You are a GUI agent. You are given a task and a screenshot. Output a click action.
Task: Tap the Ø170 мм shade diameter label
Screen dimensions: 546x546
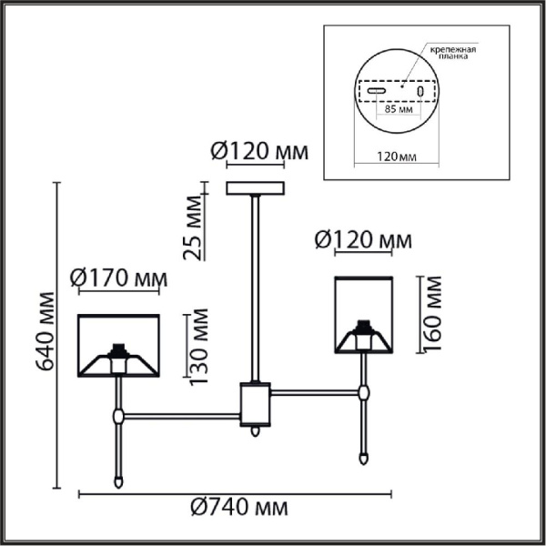[x=118, y=276]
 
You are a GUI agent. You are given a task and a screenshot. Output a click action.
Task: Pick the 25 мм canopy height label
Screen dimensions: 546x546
[x=193, y=227]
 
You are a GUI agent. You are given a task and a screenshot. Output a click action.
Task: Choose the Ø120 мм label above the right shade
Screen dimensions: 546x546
[x=362, y=240]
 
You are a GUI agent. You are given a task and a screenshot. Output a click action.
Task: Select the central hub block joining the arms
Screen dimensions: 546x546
[x=254, y=403]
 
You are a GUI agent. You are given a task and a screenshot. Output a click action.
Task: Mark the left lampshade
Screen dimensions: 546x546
[x=118, y=345]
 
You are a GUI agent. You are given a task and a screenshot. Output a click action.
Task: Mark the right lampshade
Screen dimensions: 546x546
[x=363, y=313]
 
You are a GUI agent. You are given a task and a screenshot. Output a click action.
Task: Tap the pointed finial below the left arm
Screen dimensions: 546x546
[x=118, y=479]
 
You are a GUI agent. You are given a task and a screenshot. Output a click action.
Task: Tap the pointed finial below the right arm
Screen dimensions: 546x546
[x=364, y=457]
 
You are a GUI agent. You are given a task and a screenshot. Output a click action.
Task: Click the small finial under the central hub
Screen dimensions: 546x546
[x=255, y=431]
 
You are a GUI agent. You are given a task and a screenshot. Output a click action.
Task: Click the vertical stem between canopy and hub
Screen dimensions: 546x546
[x=255, y=287]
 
